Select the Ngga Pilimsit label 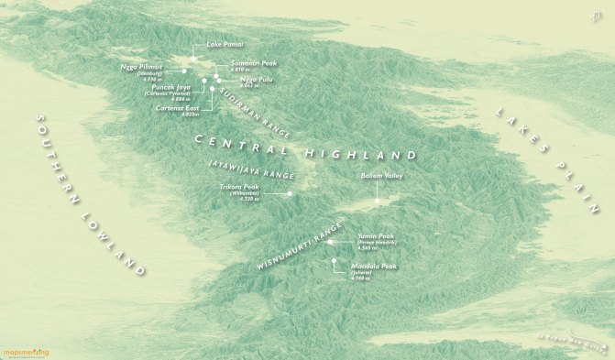coord(142,67)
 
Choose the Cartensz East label coord(177,107)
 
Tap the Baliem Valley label coord(379,175)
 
